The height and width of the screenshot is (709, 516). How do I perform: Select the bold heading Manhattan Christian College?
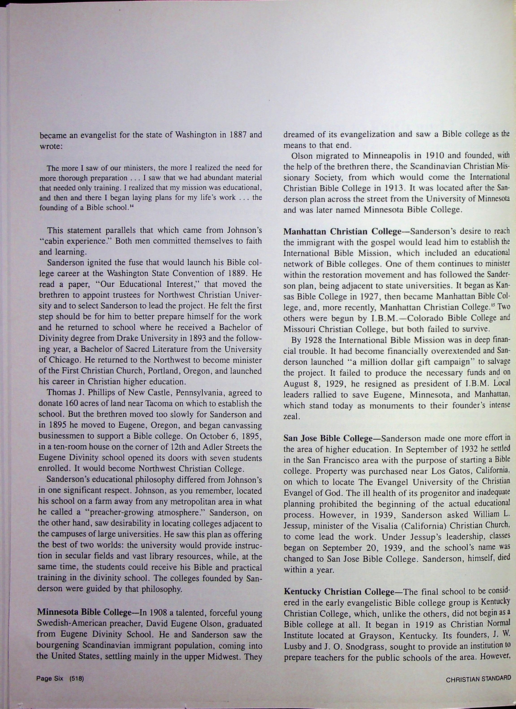342,232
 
